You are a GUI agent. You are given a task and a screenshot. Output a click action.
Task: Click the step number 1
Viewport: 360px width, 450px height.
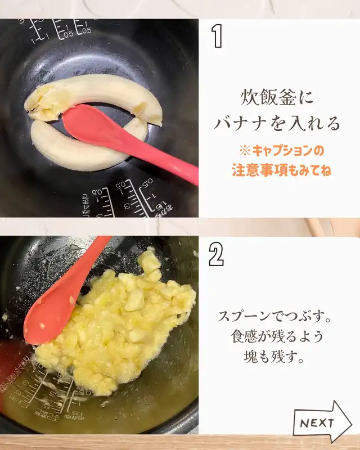(x=217, y=36)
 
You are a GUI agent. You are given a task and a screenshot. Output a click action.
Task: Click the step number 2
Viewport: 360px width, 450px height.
(x=216, y=254)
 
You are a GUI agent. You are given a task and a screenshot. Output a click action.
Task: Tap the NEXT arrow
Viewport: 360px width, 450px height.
(x=322, y=422)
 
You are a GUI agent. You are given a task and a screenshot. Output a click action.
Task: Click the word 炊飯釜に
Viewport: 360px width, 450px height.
(x=277, y=97)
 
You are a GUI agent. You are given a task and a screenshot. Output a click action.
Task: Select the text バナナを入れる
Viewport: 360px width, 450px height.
(x=277, y=123)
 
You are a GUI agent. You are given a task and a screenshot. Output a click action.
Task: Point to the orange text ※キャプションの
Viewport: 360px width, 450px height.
(x=281, y=151)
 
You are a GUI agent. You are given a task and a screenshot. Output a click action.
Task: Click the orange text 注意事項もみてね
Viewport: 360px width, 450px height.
(x=281, y=170)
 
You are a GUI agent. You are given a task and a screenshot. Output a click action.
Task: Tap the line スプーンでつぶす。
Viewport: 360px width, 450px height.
(x=274, y=316)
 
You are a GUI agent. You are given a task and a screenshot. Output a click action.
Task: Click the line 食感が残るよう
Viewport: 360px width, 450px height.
(x=277, y=336)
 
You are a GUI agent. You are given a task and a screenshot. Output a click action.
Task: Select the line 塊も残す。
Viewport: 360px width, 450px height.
(x=274, y=357)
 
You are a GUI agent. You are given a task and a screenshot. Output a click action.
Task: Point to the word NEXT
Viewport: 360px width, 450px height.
(x=317, y=423)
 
